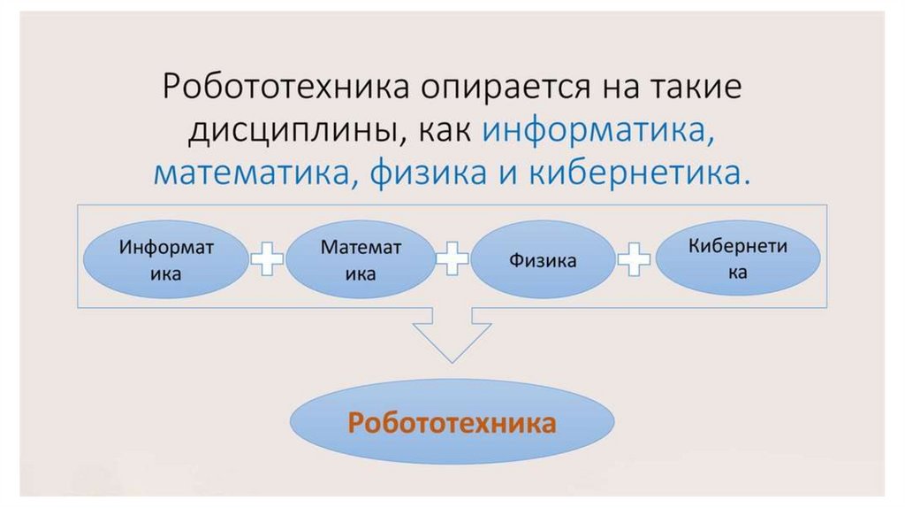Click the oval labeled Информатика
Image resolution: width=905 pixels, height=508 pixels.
166,259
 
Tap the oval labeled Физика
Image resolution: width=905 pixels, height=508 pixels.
543,259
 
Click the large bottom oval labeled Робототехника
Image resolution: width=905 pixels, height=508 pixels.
452,424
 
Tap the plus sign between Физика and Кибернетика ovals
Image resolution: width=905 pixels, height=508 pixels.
635,259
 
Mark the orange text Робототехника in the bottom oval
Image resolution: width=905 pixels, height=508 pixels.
452,424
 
